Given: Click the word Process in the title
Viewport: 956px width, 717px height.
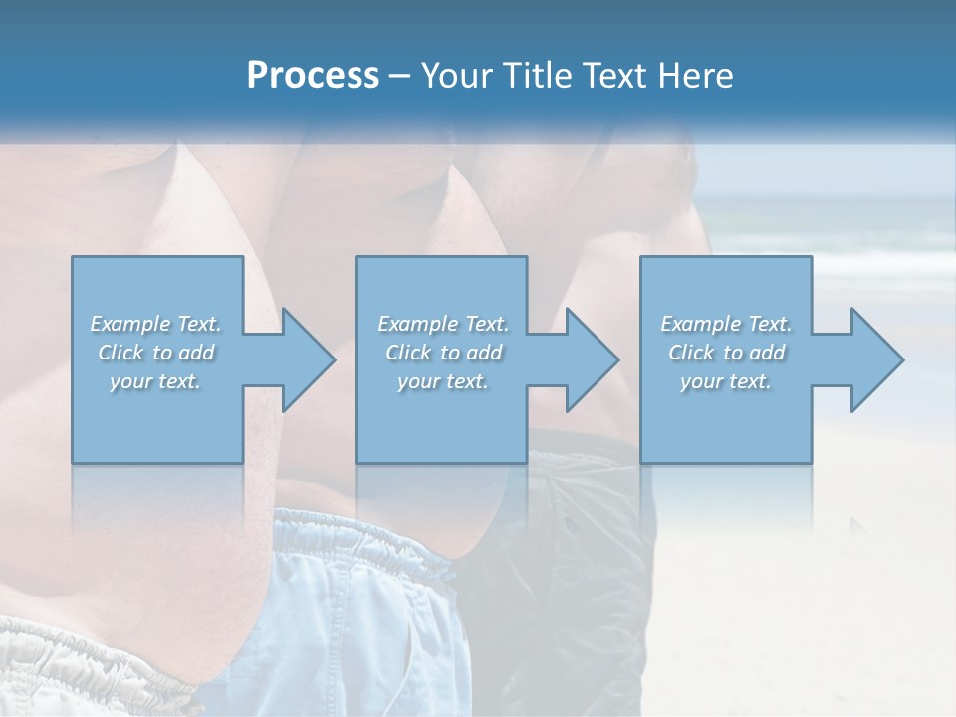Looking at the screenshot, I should [x=313, y=76].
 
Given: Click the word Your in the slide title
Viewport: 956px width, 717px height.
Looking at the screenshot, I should [x=455, y=76].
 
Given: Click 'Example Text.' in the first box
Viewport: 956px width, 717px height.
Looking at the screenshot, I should [x=155, y=324].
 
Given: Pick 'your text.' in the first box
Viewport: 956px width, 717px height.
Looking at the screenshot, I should [x=155, y=381].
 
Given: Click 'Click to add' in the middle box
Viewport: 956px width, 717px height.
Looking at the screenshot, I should [x=443, y=353].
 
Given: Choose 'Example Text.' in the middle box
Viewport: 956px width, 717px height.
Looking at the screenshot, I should [x=443, y=324].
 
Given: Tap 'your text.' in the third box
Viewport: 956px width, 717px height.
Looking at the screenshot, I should [x=726, y=381].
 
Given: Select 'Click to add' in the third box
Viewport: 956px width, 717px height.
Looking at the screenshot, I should [x=726, y=353].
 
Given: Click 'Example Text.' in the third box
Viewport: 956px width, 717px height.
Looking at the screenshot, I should [x=726, y=324].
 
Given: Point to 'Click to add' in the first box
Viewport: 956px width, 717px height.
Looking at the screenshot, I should [x=155, y=353].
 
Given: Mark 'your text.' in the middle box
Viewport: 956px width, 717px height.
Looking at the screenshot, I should [x=443, y=381].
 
